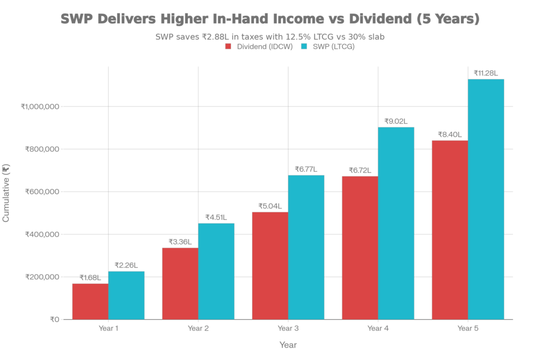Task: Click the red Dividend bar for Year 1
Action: click(x=90, y=301)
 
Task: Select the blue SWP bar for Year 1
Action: click(x=127, y=295)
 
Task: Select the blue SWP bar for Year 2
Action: click(x=217, y=271)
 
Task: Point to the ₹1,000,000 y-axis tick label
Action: click(x=42, y=106)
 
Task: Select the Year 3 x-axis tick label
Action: click(x=288, y=328)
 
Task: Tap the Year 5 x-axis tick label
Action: click(x=468, y=328)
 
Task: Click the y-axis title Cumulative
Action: click(x=6, y=192)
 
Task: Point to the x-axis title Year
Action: click(x=288, y=345)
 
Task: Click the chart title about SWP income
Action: click(x=270, y=20)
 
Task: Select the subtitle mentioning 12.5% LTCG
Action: click(x=270, y=37)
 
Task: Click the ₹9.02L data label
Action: click(x=396, y=122)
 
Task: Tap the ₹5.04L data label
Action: click(x=269, y=206)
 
